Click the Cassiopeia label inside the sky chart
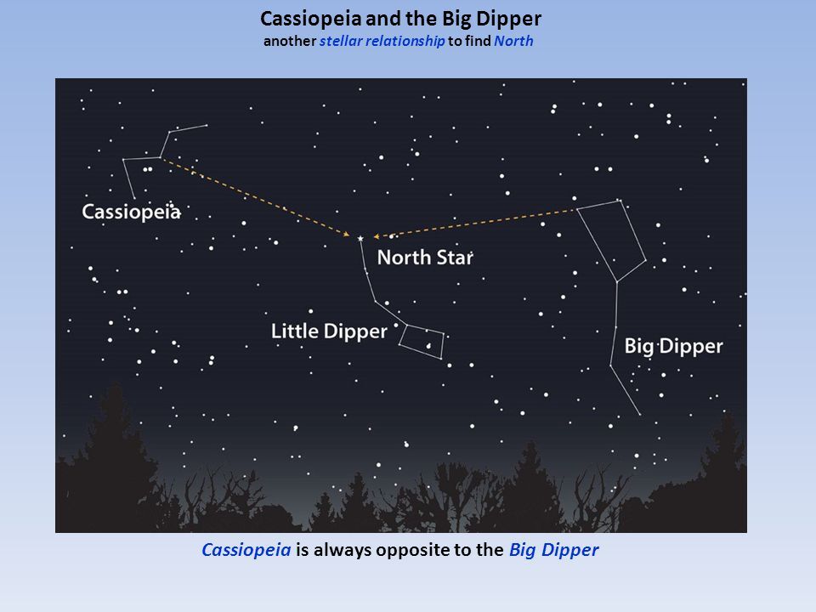tap(131, 212)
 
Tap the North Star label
tap(424, 257)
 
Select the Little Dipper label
tap(329, 331)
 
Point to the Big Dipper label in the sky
tap(673, 346)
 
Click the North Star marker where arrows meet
tap(360, 239)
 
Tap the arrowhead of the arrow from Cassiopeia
tap(349, 234)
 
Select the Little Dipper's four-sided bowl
tap(422, 341)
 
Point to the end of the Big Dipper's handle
tap(639, 415)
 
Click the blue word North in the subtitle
tap(513, 41)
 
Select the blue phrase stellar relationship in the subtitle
tap(382, 41)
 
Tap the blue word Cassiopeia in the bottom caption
tap(246, 550)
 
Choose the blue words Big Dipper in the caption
tap(554, 550)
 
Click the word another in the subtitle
tap(290, 41)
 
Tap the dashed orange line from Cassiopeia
tap(255, 196)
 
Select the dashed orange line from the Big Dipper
tap(476, 223)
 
